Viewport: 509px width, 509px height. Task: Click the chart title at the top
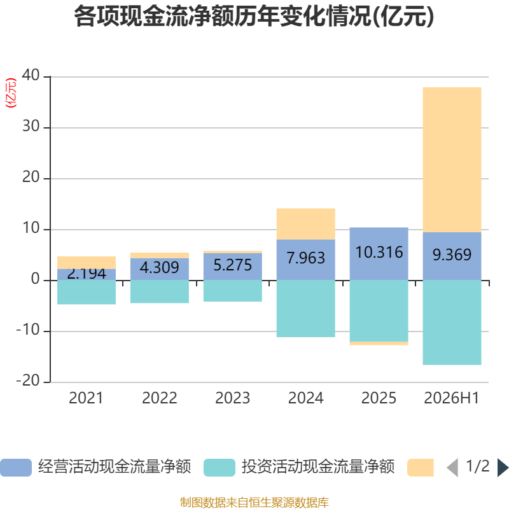pos(254,17)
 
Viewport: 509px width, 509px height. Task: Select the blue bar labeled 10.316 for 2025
pos(379,253)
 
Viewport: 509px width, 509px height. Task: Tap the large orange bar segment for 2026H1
pos(452,160)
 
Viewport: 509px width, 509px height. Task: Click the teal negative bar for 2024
pos(306,309)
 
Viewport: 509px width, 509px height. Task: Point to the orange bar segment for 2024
pos(306,224)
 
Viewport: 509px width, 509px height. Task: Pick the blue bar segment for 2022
pos(160,269)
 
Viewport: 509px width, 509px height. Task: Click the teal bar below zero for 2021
pos(87,292)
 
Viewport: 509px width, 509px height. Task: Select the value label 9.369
pos(452,254)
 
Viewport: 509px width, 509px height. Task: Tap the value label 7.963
pos(306,258)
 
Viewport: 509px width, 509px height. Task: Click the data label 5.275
pos(232,265)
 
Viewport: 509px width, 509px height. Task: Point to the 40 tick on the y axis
pos(31,75)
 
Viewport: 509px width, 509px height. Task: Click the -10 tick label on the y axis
pos(28,330)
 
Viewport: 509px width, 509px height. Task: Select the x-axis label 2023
pos(232,398)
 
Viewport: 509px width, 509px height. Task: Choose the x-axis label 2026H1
pos(452,398)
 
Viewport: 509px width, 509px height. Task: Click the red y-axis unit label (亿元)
pos(11,93)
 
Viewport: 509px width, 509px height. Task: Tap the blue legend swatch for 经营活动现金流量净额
pos(16,468)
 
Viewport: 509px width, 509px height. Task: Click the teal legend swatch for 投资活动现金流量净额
pos(220,468)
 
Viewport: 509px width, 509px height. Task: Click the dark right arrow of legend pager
pos(503,468)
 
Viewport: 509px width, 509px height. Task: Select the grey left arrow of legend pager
pos(452,468)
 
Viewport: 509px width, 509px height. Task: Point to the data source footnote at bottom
pos(254,502)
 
